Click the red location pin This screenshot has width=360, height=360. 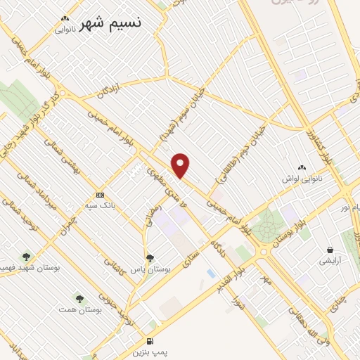coord(181,165)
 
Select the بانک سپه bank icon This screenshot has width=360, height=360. coord(100,195)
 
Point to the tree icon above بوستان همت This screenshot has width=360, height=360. coord(79,298)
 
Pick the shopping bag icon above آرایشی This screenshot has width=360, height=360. coord(329,250)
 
